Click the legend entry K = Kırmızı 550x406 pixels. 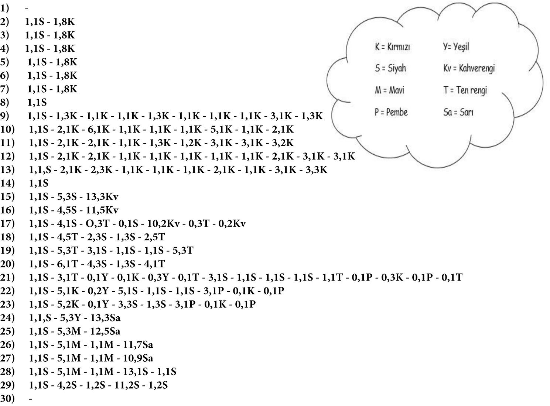point(392,47)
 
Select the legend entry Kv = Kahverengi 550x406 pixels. point(469,68)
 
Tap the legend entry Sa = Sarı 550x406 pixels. point(458,112)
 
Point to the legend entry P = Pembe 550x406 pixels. point(391,112)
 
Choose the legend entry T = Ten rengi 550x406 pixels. point(465,90)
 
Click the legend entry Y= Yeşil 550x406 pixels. point(456,47)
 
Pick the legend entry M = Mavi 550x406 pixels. point(389,90)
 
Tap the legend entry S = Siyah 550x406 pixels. point(390,68)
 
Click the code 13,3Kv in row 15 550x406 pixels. point(102,197)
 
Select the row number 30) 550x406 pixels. point(7,399)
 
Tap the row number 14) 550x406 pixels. point(7,183)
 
